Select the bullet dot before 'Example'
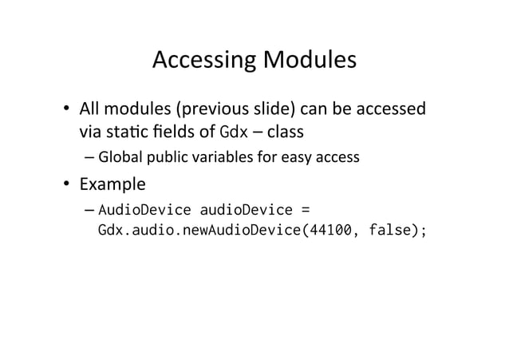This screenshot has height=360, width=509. (x=69, y=185)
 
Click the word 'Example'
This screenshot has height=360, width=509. (x=112, y=185)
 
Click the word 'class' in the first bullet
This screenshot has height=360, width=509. (x=278, y=129)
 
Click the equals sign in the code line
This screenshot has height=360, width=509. (x=304, y=211)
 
